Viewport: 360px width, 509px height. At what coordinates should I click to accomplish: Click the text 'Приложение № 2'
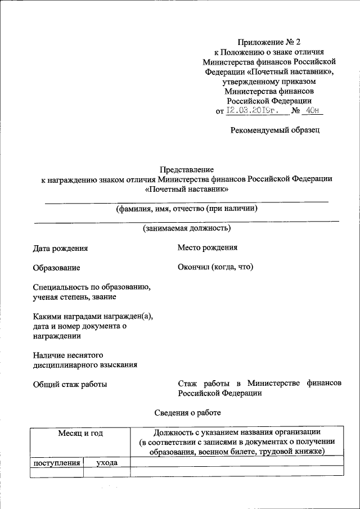[x=269, y=42]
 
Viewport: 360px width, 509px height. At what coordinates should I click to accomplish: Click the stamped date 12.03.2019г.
[x=256, y=110]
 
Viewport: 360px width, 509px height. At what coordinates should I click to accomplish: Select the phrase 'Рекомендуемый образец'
[x=275, y=130]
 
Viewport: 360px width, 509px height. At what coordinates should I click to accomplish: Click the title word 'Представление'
[x=187, y=169]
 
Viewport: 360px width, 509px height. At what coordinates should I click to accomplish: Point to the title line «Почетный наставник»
[x=187, y=190]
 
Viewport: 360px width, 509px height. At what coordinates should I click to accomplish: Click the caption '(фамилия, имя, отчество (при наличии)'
[x=187, y=209]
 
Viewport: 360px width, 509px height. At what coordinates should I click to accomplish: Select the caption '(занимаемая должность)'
[x=187, y=228]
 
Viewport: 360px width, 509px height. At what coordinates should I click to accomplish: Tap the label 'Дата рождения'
[x=60, y=248]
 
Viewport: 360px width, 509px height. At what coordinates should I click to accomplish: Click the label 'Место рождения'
[x=208, y=247]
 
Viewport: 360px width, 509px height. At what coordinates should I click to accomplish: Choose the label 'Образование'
[x=56, y=268]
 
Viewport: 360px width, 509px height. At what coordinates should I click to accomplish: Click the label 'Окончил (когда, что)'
[x=215, y=267]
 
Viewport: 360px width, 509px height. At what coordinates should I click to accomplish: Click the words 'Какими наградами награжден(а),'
[x=93, y=316]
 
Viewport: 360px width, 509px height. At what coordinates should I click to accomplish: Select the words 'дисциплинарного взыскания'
[x=85, y=364]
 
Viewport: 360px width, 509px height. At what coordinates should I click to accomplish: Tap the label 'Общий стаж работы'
[x=70, y=385]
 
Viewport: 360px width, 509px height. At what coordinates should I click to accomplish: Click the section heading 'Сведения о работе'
[x=188, y=413]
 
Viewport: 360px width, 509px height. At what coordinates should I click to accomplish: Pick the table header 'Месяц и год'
[x=80, y=433]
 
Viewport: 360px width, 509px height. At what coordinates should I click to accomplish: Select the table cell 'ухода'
[x=106, y=463]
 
